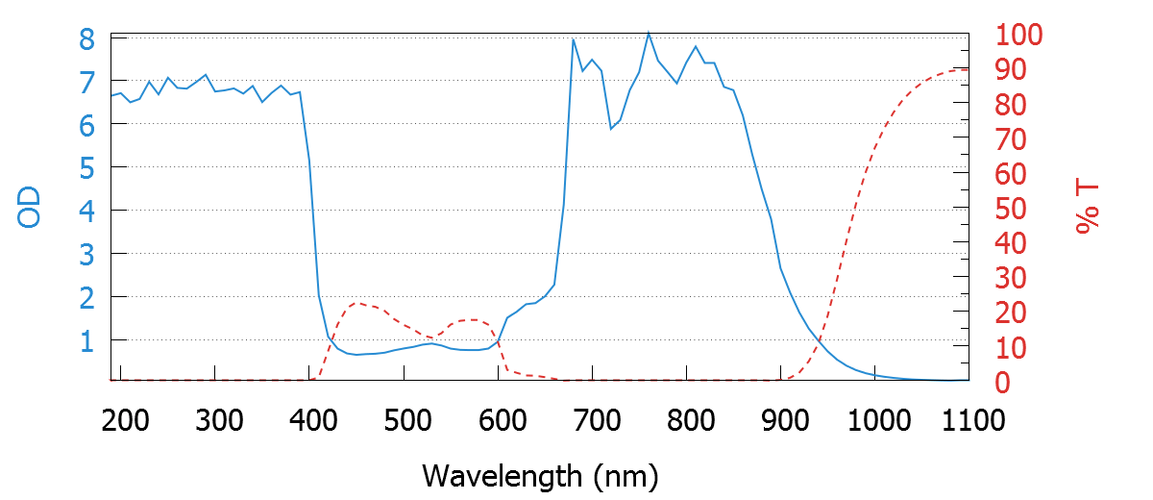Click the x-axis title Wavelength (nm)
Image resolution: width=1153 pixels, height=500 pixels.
tap(539, 475)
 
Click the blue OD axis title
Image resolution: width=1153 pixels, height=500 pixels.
tap(30, 209)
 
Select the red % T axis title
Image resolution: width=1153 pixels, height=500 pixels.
tap(1088, 207)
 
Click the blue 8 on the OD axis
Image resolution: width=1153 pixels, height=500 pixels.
tap(87, 39)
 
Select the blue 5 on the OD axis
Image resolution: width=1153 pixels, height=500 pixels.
tap(87, 168)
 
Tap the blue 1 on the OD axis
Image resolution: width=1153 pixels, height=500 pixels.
tap(87, 341)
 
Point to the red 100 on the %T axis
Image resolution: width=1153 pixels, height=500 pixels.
tap(1019, 37)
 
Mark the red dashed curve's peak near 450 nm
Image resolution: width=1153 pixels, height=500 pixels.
tap(357, 303)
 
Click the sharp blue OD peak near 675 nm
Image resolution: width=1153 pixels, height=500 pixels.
tap(573, 39)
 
